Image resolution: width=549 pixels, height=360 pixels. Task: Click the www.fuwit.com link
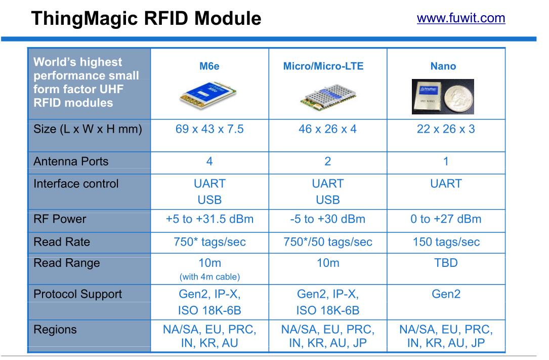(460, 18)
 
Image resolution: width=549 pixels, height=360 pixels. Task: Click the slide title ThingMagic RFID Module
(146, 19)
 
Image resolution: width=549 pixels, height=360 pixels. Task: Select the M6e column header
(209, 66)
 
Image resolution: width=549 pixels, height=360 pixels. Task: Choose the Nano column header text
(443, 66)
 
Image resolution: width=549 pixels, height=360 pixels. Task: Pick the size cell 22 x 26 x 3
(446, 129)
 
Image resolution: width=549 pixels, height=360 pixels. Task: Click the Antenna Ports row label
(71, 162)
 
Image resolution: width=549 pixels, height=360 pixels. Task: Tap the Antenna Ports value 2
(328, 162)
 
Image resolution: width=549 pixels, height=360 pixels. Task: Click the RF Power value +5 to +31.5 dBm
(209, 219)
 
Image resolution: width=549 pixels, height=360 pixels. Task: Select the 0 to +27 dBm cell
(446, 219)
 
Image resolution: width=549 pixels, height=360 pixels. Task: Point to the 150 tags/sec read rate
(446, 242)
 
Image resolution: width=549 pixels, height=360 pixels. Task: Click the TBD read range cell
(446, 263)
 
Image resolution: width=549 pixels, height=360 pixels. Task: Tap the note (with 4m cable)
(209, 276)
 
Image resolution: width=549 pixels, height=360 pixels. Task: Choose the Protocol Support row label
(77, 294)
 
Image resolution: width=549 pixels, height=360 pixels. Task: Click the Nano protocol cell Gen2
(446, 294)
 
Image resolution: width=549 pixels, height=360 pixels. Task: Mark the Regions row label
(55, 330)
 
